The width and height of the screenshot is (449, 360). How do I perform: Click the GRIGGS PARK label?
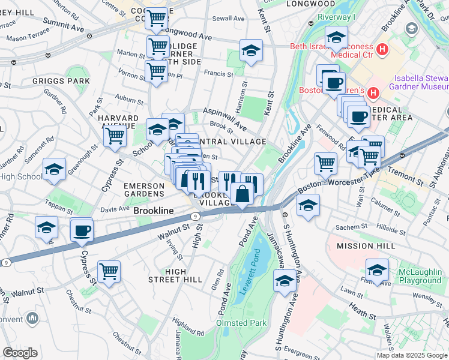[62, 80]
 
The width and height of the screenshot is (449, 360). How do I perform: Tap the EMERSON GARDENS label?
[143, 190]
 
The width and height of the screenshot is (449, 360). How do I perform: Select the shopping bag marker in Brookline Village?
[242, 194]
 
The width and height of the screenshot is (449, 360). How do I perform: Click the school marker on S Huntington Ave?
[285, 280]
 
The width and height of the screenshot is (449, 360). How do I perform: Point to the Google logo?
[20, 353]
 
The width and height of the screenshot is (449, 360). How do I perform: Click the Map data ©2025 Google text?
[412, 355]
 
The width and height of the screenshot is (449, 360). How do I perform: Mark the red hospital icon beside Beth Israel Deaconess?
[381, 48]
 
